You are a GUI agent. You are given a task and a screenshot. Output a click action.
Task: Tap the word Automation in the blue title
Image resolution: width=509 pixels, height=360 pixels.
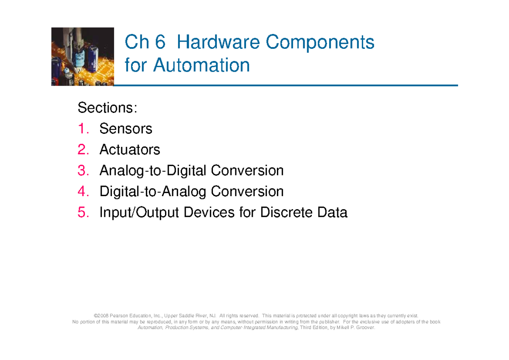pyautogui.click(x=201, y=65)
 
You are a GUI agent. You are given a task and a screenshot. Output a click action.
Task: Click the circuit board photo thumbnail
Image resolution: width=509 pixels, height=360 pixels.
pyautogui.click(x=83, y=56)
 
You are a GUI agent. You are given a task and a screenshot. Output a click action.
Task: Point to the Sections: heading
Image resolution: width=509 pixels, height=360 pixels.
pyautogui.click(x=107, y=108)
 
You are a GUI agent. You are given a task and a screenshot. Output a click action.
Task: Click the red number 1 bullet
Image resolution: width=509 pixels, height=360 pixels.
pyautogui.click(x=83, y=129)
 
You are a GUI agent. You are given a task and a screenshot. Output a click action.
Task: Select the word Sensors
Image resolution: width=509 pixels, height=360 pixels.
pyautogui.click(x=126, y=129)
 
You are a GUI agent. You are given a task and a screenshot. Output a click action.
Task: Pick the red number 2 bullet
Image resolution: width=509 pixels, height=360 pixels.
pyautogui.click(x=83, y=149)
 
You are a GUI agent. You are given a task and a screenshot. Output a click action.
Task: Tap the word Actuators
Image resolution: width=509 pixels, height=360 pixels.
pyautogui.click(x=130, y=149)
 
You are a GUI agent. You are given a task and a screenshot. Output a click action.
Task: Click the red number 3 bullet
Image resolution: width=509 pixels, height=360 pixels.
pyautogui.click(x=83, y=171)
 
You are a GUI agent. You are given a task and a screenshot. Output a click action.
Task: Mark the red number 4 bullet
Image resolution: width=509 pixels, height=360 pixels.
pyautogui.click(x=83, y=191)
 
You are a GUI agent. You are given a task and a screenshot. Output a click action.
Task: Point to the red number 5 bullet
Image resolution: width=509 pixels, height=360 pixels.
pyautogui.click(x=83, y=212)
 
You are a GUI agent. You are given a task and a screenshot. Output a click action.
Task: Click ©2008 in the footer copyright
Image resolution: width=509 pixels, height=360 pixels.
pyautogui.click(x=102, y=316)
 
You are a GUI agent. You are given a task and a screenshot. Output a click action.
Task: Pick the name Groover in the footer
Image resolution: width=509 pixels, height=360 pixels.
pyautogui.click(x=365, y=327)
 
